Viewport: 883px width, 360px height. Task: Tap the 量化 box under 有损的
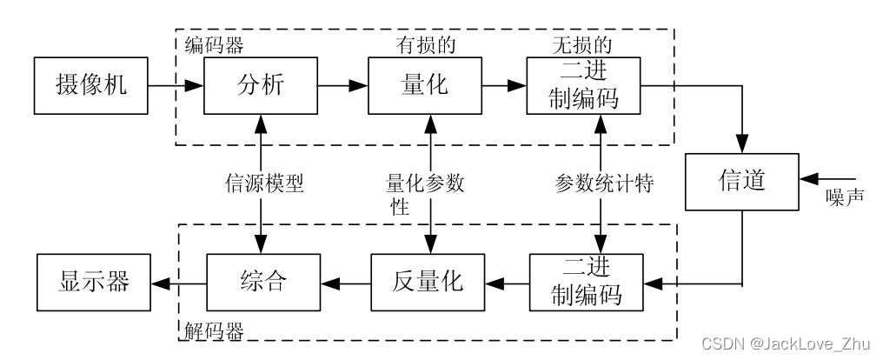click(x=424, y=86)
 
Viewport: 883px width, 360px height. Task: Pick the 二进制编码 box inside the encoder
click(x=585, y=86)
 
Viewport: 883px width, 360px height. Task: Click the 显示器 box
click(x=94, y=283)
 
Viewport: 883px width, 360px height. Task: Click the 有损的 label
click(x=424, y=43)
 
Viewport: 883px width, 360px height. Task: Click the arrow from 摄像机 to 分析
click(x=176, y=86)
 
